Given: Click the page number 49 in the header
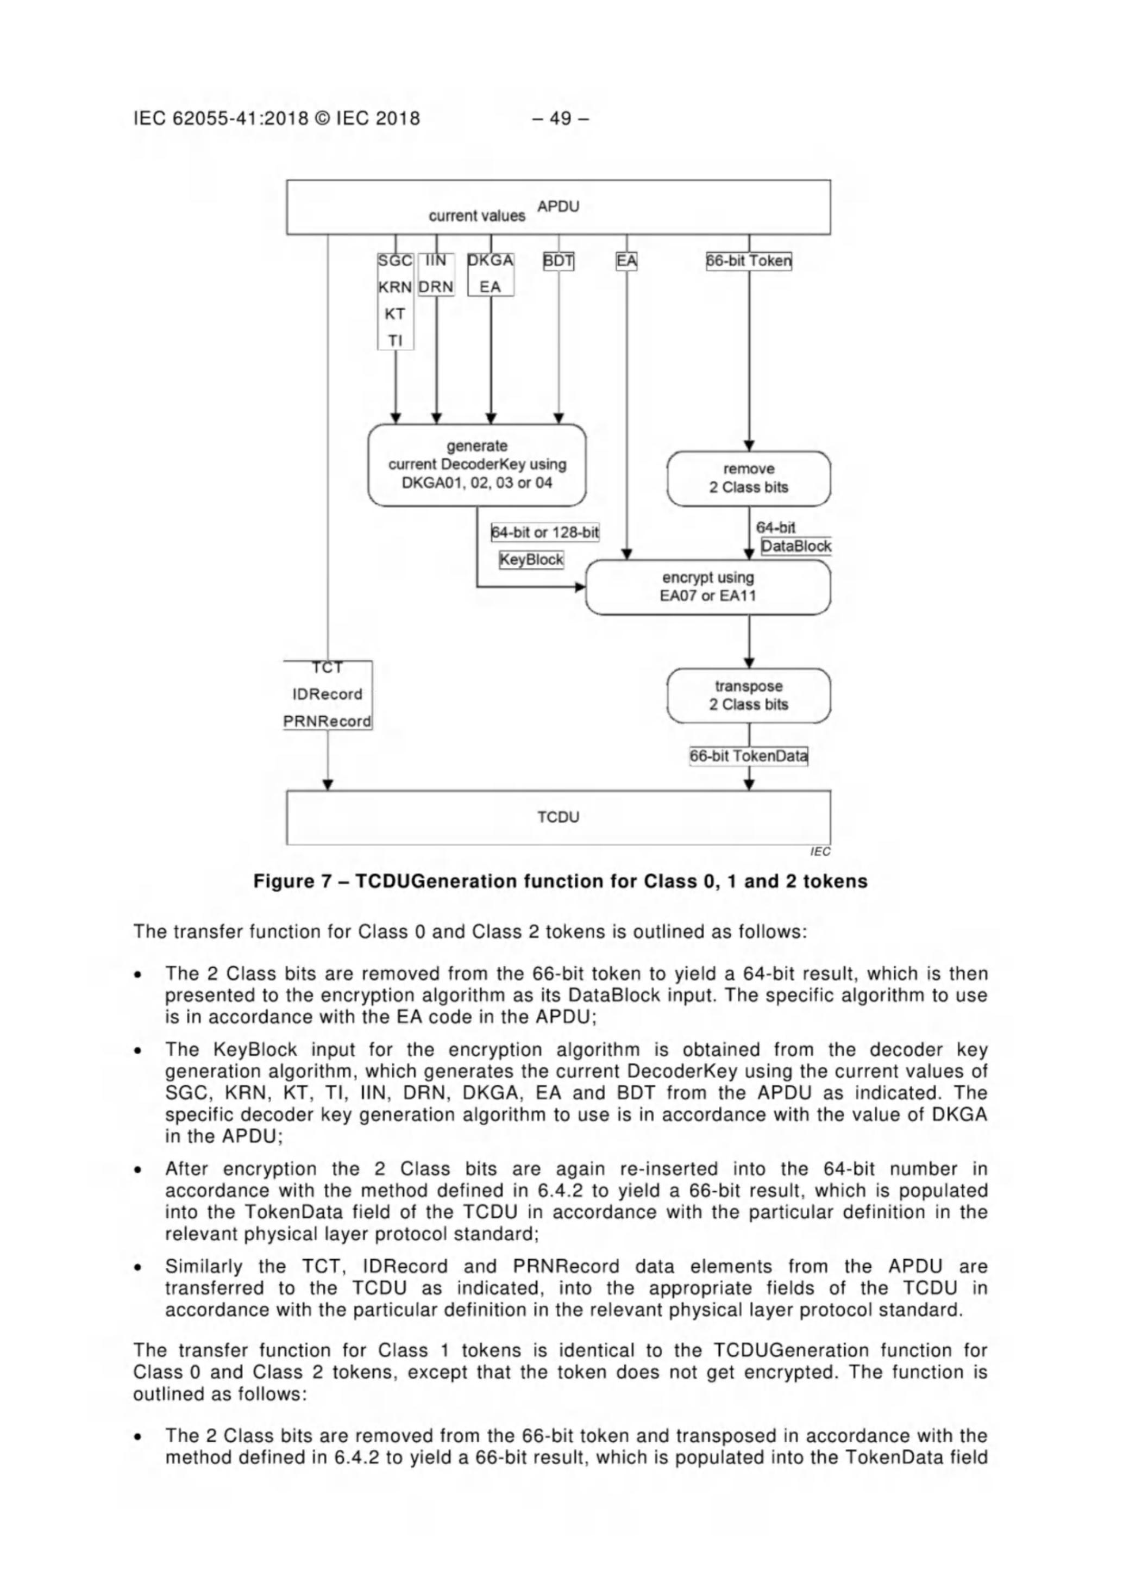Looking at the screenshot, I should tap(560, 118).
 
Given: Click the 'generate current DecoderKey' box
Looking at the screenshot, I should tap(476, 465).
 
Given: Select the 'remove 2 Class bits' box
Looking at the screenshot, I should tap(748, 478).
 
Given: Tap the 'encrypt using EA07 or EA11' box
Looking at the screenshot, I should tap(707, 587).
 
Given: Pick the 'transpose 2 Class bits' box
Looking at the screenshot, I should tap(748, 696).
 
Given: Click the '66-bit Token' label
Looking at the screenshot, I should tap(749, 261).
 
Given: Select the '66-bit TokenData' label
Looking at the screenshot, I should tap(749, 756).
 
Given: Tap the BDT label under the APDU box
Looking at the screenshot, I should tap(559, 261).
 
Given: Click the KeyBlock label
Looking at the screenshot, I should tap(531, 559).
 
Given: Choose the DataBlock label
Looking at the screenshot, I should tap(796, 546).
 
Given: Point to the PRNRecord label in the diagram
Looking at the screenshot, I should tap(327, 721).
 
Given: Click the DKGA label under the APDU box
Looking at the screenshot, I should tap(491, 260).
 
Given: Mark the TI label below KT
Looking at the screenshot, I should tap(395, 341).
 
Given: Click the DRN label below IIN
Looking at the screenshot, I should tap(436, 286).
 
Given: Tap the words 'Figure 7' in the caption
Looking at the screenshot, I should tap(283, 881).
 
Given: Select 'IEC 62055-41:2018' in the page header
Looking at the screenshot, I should tap(221, 118).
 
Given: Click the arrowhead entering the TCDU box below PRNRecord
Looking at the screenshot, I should tap(328, 784).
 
